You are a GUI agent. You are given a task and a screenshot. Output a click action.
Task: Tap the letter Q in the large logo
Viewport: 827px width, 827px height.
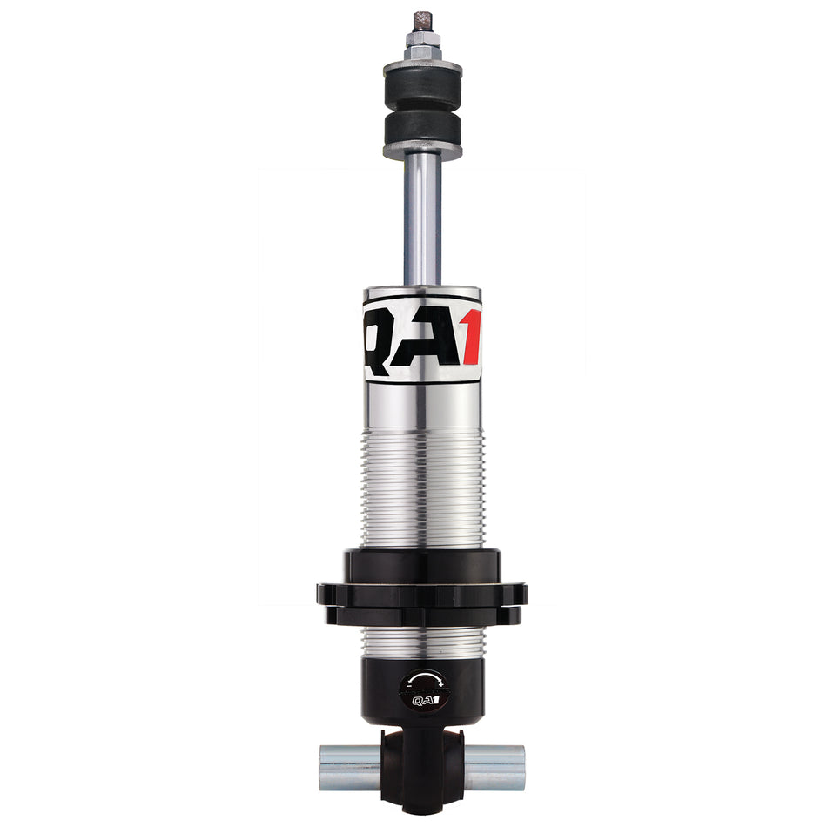click(383, 336)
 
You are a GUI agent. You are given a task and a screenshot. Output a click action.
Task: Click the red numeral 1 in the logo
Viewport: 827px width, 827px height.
click(472, 337)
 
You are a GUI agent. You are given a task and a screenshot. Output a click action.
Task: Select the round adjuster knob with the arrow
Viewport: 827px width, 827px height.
click(422, 688)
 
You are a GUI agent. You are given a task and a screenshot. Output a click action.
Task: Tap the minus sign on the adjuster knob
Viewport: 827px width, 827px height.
click(407, 684)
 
